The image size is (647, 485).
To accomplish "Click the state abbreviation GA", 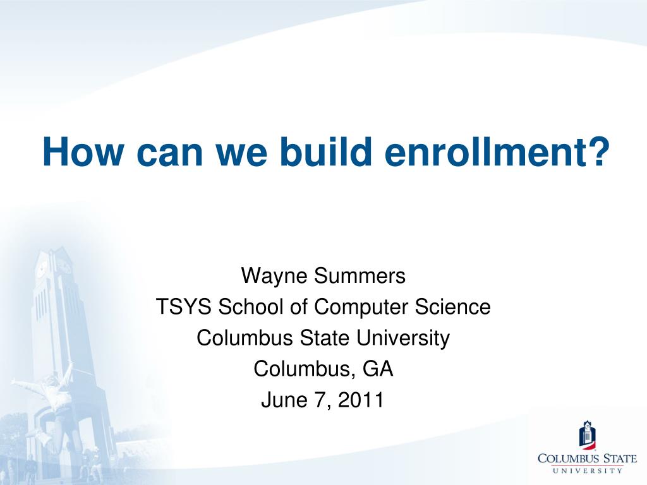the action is (x=378, y=369).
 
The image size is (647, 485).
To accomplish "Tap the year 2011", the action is (x=361, y=400).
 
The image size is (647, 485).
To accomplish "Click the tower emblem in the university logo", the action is (x=587, y=434).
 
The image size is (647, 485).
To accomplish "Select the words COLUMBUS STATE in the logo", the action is (x=587, y=458).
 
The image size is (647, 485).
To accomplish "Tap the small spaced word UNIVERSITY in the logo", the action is (x=587, y=470).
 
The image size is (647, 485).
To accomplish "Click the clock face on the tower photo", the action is (x=41, y=270).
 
